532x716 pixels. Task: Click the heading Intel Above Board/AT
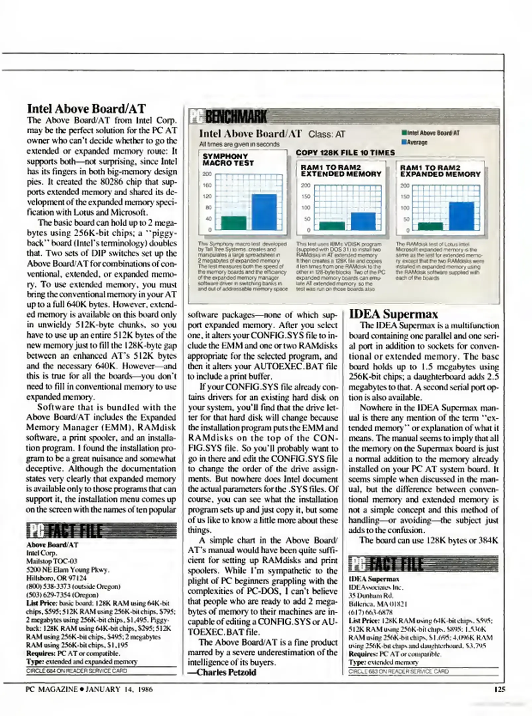coord(86,109)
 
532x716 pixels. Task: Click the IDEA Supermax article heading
coord(393,314)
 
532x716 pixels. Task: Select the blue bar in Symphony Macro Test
coord(264,212)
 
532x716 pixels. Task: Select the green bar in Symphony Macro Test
coord(234,223)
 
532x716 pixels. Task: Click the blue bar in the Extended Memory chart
coord(363,221)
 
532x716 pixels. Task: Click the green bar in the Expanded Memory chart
coord(430,226)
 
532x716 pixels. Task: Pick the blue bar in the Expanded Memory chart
coord(461,216)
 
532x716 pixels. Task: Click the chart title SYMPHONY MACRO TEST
coord(228,159)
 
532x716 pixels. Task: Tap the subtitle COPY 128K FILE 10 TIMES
coord(345,153)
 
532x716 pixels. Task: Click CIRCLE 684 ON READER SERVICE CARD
coord(77,671)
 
